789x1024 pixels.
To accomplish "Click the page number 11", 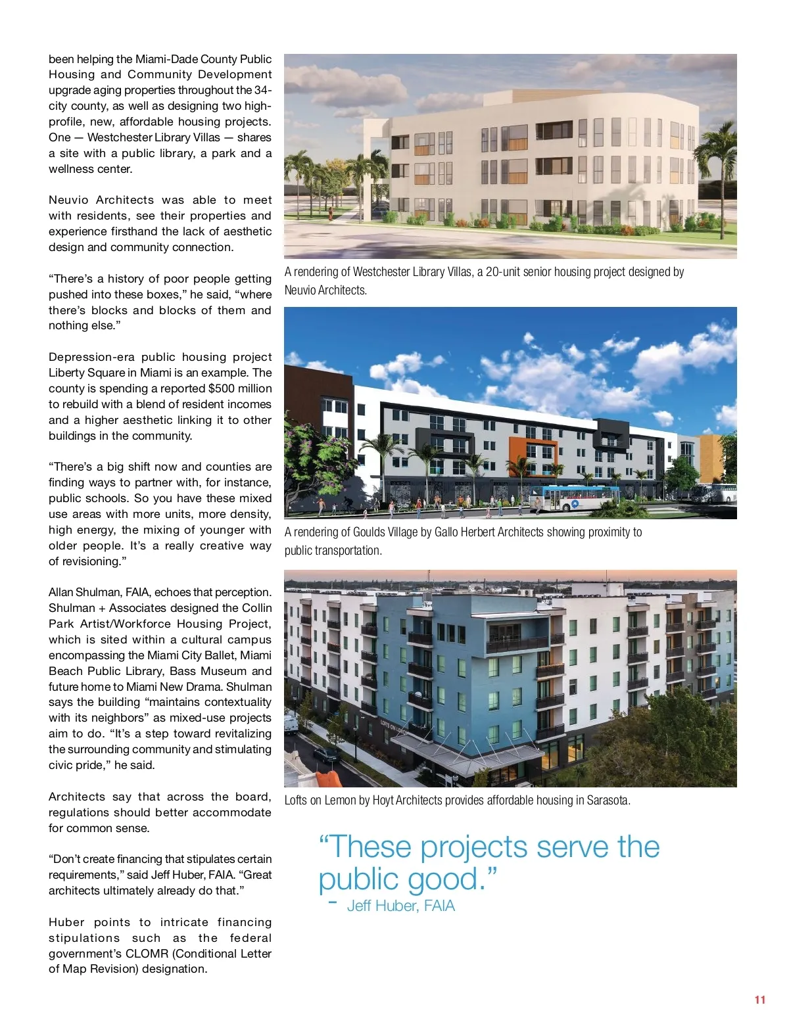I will tap(760, 1000).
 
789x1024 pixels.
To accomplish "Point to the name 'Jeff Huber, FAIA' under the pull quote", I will tap(400, 906).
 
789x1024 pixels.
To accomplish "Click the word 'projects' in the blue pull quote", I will tap(475, 847).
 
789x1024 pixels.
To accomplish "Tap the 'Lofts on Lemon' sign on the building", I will tap(393, 728).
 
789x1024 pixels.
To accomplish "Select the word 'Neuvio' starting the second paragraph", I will tap(68, 200).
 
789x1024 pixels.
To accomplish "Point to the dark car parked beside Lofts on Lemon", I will tap(326, 755).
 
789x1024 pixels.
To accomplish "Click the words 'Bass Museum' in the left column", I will tap(208, 671).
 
